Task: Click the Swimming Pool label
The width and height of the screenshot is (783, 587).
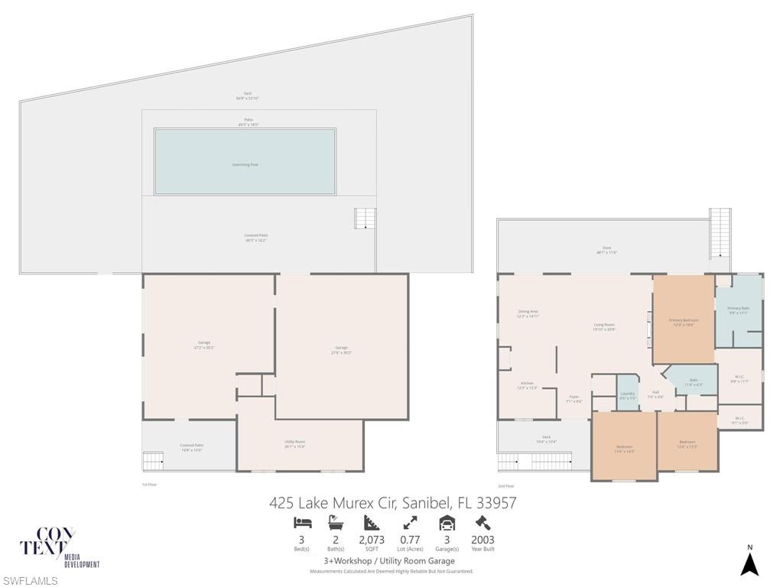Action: pyautogui.click(x=245, y=164)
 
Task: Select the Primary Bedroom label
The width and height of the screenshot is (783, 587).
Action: pyautogui.click(x=683, y=322)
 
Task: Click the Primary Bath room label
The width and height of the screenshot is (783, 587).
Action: pyautogui.click(x=738, y=310)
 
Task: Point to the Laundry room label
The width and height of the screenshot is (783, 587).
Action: pyautogui.click(x=627, y=395)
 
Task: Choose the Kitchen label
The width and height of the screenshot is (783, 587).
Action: pyautogui.click(x=527, y=385)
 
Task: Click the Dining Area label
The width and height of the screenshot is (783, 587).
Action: pyautogui.click(x=528, y=313)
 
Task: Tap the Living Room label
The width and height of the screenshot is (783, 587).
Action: pyautogui.click(x=604, y=326)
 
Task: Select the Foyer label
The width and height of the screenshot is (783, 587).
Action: pyautogui.click(x=573, y=398)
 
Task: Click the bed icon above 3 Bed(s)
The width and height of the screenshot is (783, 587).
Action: pyautogui.click(x=302, y=523)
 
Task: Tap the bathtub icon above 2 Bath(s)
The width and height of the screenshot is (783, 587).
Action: pyautogui.click(x=335, y=523)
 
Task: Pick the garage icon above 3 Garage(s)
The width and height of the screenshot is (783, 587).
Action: pyautogui.click(x=447, y=523)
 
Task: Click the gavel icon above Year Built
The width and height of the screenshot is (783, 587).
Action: pyautogui.click(x=482, y=523)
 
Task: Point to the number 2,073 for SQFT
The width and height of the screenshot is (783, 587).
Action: pyautogui.click(x=372, y=540)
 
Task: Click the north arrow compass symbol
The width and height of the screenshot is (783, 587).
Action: pyautogui.click(x=749, y=563)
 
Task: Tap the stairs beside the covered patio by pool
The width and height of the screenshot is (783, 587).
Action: pyautogui.click(x=366, y=218)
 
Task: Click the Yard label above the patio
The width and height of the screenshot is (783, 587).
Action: pyautogui.click(x=247, y=96)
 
